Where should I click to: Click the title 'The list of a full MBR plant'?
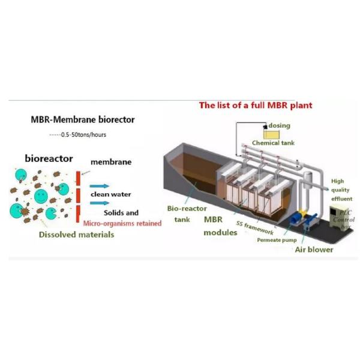[256, 106]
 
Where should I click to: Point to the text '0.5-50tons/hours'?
[85, 134]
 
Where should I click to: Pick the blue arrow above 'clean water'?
[100, 186]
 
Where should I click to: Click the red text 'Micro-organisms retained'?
[122, 223]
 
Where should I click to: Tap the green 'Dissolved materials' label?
[76, 235]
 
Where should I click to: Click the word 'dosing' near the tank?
[279, 125]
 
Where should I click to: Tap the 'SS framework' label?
[255, 228]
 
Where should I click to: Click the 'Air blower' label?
[313, 250]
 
